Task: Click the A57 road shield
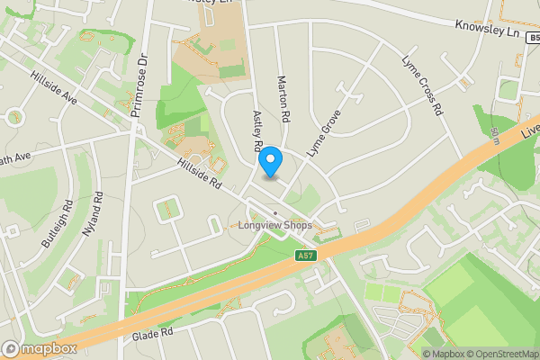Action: (306, 256)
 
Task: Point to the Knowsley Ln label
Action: (488, 30)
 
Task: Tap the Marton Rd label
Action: (283, 99)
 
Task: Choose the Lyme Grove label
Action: (325, 132)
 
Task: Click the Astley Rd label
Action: (257, 131)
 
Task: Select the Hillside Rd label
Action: (199, 173)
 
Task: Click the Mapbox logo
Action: (40, 348)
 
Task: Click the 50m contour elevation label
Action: (495, 135)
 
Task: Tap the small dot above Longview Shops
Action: (275, 213)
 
